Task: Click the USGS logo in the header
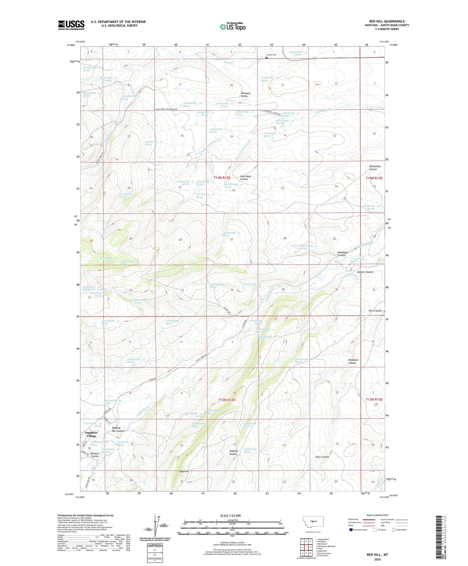[71, 25]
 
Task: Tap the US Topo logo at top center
[232, 27]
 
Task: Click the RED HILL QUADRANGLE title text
[387, 21]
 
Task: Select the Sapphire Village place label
[91, 434]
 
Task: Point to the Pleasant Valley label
[245, 95]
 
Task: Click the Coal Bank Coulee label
[245, 178]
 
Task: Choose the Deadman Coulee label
[342, 254]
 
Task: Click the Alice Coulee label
[322, 457]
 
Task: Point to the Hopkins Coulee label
[233, 452]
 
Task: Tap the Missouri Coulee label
[95, 454]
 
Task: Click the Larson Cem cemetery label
[271, 55]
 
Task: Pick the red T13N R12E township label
[227, 400]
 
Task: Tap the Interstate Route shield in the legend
[351, 530]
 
